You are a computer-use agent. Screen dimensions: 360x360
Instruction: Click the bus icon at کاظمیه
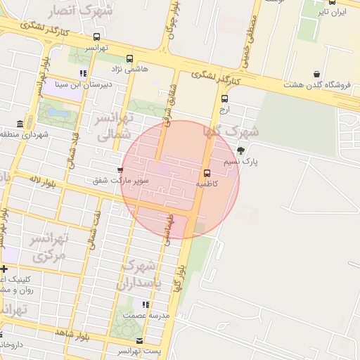(x=207, y=173)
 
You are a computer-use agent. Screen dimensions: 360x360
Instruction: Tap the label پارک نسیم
(x=241, y=162)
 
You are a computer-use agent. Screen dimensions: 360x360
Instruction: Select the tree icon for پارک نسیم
(x=241, y=150)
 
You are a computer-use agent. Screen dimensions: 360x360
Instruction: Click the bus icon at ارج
(x=224, y=99)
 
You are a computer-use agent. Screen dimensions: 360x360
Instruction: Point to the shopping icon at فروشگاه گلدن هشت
(x=316, y=74)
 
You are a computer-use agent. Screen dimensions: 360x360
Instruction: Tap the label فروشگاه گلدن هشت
(x=317, y=84)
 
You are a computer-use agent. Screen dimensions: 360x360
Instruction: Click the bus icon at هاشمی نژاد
(x=129, y=59)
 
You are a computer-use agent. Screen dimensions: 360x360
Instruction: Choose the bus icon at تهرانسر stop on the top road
(x=96, y=37)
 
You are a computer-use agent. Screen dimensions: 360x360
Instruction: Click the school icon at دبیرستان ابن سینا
(x=83, y=72)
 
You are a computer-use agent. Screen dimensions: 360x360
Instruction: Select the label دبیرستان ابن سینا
(x=80, y=83)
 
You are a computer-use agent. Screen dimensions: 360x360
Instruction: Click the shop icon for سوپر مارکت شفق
(x=120, y=169)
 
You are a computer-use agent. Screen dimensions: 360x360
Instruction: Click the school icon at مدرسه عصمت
(x=146, y=304)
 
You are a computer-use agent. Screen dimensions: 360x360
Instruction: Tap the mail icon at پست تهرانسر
(x=139, y=340)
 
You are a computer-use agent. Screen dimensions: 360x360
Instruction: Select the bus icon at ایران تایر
(x=332, y=3)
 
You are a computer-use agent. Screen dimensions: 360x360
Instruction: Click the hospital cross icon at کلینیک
(x=4, y=269)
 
